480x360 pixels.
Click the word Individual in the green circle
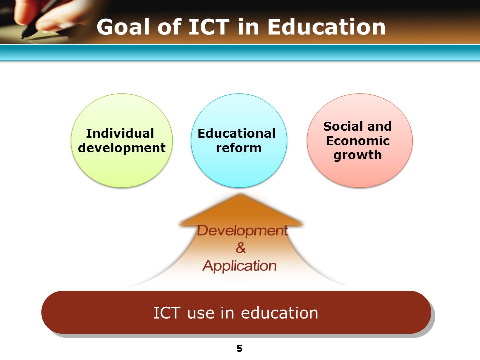pyautogui.click(x=120, y=133)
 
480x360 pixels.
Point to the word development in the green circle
pyautogui.click(x=121, y=148)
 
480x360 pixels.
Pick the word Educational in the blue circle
pyautogui.click(x=236, y=133)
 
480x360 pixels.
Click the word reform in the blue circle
pyautogui.click(x=238, y=148)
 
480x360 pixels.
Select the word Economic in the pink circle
pyautogui.click(x=358, y=141)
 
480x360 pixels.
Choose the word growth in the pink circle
pyautogui.click(x=358, y=155)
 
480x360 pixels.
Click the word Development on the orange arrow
pyautogui.click(x=242, y=230)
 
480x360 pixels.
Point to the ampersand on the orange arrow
pyautogui.click(x=240, y=248)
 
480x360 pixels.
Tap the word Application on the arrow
pyautogui.click(x=239, y=266)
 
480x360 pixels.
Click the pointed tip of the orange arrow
pyautogui.click(x=242, y=195)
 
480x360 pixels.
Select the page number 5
pyautogui.click(x=240, y=349)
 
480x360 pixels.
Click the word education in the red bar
pyautogui.click(x=279, y=313)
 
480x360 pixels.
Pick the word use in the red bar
pyautogui.click(x=201, y=313)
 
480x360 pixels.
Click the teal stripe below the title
pyautogui.click(x=240, y=53)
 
